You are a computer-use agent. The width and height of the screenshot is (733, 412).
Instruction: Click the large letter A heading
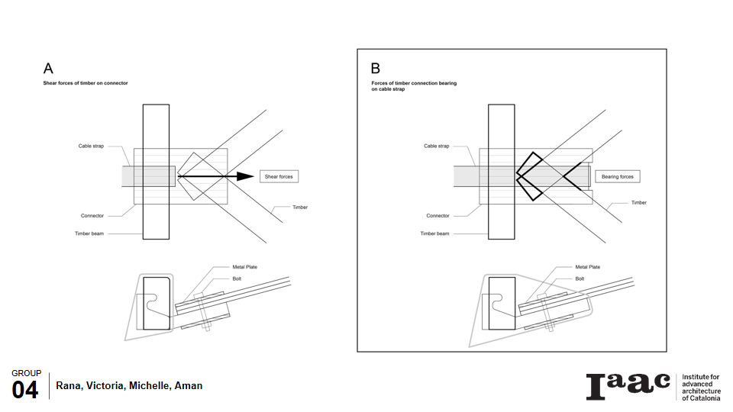click(48, 69)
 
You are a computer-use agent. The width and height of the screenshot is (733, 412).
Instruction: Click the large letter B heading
click(376, 69)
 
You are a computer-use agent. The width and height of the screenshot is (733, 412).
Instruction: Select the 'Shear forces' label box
click(278, 176)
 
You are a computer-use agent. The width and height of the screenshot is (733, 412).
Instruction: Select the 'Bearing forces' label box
click(617, 176)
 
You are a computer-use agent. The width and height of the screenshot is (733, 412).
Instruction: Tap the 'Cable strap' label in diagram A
click(91, 146)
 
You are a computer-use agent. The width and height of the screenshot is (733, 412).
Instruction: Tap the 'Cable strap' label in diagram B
click(436, 146)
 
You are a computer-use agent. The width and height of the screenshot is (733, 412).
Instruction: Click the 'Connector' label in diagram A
click(92, 216)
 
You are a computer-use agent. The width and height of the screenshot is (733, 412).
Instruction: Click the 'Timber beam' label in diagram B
click(434, 233)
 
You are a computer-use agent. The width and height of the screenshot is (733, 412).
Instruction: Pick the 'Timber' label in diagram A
click(300, 207)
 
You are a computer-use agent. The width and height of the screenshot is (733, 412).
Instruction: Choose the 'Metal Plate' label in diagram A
click(244, 267)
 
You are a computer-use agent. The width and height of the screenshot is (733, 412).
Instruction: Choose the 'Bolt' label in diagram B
click(580, 278)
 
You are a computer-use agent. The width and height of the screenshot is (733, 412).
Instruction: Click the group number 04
click(24, 391)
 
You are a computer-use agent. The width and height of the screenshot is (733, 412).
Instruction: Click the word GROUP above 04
click(26, 373)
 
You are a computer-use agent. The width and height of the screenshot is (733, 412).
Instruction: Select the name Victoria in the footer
click(103, 385)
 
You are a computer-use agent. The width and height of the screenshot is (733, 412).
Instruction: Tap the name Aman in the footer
click(189, 385)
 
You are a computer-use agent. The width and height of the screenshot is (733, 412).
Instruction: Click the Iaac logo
click(628, 386)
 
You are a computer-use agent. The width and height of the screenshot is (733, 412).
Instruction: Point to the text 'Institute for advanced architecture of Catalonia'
click(700, 387)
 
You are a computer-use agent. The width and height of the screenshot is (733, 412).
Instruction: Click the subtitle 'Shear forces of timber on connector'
click(85, 82)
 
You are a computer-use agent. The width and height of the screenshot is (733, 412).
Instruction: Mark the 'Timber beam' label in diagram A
click(89, 233)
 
